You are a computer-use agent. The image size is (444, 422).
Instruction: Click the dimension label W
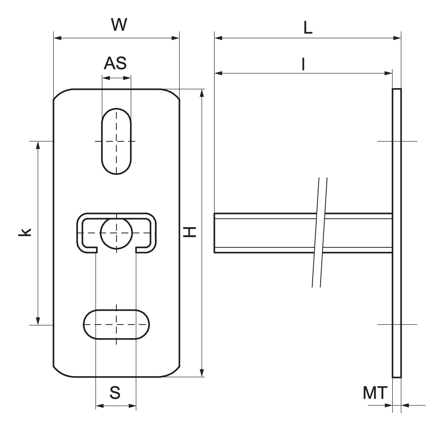point(119,25)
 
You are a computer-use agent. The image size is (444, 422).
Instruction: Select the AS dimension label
point(115,63)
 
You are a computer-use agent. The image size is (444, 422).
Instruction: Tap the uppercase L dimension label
point(308,28)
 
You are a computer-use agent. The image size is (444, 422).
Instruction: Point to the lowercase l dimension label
point(303,64)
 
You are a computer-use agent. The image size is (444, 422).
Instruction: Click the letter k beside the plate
point(24,232)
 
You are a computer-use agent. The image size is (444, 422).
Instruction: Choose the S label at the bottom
point(115,393)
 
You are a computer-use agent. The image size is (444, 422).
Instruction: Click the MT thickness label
point(375,393)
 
